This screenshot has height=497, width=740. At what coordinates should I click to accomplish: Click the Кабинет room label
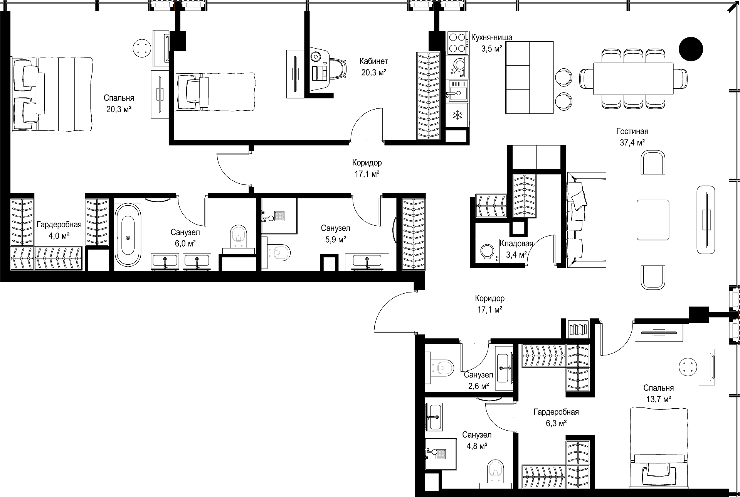point(373,61)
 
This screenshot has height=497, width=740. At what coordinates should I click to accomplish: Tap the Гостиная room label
point(632,131)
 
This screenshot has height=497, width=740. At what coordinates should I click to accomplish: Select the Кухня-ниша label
point(491,37)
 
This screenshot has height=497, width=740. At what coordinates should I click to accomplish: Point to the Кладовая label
point(516,243)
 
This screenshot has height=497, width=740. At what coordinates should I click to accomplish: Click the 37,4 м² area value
point(632,142)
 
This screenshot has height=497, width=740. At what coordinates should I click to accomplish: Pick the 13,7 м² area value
point(659,399)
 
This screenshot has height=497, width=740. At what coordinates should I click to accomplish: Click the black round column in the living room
point(691,49)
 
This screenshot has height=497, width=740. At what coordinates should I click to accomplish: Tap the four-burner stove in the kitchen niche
point(457,42)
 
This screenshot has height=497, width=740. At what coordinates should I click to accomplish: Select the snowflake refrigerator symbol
point(457,115)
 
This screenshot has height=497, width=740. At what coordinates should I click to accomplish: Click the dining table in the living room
point(633,78)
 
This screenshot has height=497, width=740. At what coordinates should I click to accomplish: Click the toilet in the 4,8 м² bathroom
point(494,471)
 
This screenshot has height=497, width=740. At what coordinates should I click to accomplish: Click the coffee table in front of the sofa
point(653,219)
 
